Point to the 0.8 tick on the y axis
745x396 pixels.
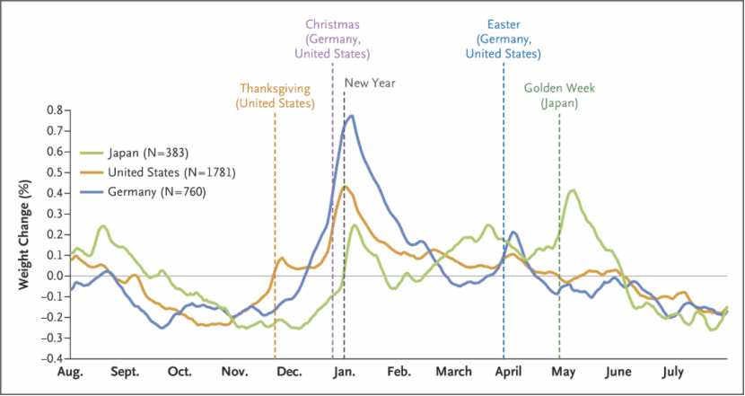[x=54, y=110]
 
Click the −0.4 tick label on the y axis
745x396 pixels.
[x=51, y=358]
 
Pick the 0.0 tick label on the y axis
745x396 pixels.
[x=54, y=276]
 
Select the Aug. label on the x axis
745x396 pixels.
[x=70, y=372]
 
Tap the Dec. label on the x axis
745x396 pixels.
[x=289, y=372]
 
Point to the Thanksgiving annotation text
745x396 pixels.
[x=275, y=89]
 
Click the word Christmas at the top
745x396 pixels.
[x=333, y=24]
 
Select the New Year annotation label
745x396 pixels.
[x=370, y=84]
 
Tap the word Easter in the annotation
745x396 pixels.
[x=503, y=24]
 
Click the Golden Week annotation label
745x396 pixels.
[x=559, y=89]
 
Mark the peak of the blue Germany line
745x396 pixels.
[x=352, y=116]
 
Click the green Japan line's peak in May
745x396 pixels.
[x=573, y=190]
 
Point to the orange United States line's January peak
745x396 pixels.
[x=346, y=187]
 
